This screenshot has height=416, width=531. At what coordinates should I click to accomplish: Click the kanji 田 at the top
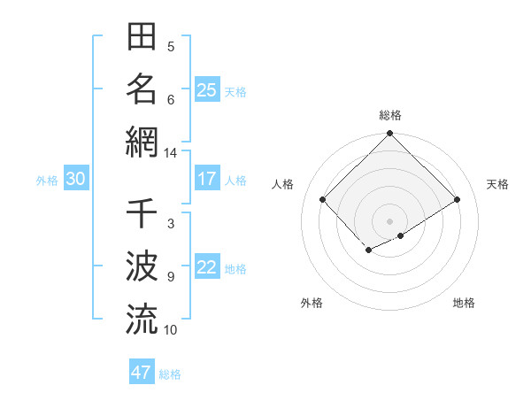point(142,38)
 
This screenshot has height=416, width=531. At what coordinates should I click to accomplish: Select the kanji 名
point(142,89)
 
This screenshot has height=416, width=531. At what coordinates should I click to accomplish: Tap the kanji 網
point(142,141)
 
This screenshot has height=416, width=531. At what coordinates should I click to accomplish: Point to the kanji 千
point(142,213)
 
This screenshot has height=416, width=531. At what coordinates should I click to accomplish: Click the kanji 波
point(142,266)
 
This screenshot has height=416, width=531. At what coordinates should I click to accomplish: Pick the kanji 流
point(142,318)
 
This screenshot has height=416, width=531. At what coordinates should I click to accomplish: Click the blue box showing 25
point(206,90)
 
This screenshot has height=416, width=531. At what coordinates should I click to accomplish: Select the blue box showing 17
point(206,179)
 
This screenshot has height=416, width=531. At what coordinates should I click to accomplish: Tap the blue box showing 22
point(206,268)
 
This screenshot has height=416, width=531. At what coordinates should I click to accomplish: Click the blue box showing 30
point(75,179)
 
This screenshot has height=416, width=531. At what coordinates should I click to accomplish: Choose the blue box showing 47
point(142,373)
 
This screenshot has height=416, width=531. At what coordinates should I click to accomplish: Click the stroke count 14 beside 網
point(170,153)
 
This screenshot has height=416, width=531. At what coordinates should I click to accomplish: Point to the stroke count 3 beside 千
point(170,224)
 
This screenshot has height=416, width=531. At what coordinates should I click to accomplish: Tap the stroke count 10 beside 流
point(170,329)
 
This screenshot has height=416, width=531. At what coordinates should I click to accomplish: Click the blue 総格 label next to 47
point(170,374)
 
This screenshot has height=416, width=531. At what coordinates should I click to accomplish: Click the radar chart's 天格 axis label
point(497,184)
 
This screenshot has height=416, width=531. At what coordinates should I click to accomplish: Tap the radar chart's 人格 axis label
point(282,184)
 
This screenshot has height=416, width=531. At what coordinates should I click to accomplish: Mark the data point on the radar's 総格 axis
point(389,135)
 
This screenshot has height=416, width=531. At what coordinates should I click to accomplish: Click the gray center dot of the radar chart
point(389,220)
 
